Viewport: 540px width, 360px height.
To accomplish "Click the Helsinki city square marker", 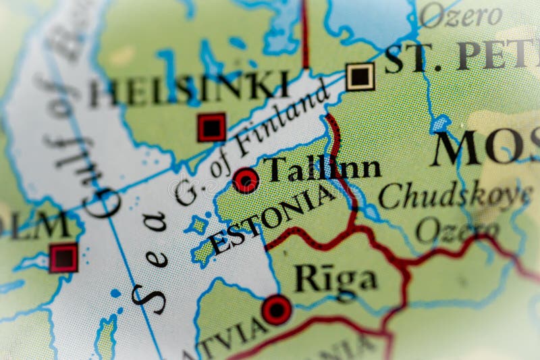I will (212, 127).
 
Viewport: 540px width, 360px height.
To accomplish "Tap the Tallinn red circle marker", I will (245, 180).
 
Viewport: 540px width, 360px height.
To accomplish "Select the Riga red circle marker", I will (277, 309).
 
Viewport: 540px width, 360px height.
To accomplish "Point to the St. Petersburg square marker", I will (360, 76).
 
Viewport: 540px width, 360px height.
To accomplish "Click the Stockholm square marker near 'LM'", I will (63, 258).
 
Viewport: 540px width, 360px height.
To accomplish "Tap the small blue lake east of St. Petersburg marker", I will (440, 124).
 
